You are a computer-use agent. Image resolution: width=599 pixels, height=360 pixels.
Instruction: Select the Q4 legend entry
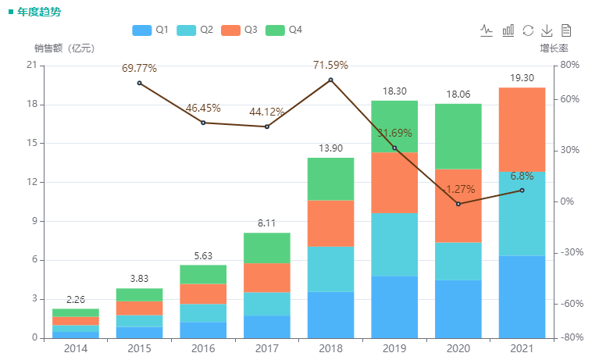[283, 30]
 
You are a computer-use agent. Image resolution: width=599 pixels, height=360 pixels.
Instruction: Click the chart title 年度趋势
[39, 12]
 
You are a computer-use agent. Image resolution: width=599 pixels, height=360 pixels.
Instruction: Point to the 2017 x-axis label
[267, 348]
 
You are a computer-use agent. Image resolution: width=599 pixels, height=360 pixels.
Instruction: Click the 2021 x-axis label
[522, 348]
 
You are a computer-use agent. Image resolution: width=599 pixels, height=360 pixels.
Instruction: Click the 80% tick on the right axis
[570, 66]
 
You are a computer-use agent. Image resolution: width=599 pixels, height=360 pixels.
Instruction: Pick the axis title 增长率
[554, 48]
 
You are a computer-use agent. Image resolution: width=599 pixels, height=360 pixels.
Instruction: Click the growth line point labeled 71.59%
[330, 80]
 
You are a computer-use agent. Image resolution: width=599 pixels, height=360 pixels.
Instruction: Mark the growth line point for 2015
[139, 83]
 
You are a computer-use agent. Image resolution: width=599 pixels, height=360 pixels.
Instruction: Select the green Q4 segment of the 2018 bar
[330, 179]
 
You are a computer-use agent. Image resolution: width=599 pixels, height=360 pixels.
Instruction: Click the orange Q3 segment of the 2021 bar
[522, 129]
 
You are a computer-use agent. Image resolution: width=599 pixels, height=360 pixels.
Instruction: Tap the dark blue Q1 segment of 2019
[394, 307]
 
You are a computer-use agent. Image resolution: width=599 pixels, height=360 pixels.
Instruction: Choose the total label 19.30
[522, 78]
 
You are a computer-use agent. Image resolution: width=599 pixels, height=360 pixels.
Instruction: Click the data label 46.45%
[203, 109]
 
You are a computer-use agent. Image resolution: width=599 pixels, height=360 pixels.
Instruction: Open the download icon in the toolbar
[547, 30]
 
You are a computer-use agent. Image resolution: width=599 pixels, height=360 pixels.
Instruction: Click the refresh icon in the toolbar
[528, 30]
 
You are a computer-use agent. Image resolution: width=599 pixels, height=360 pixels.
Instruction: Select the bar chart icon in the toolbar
[508, 30]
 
